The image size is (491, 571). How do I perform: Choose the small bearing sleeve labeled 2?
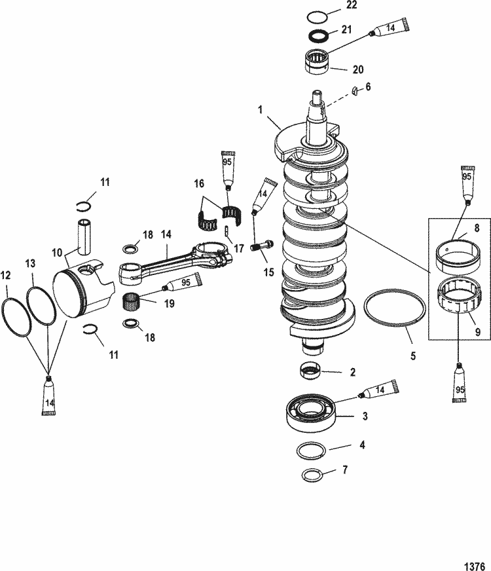coord(312,371)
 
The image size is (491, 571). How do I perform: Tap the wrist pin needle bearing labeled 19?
coord(134,303)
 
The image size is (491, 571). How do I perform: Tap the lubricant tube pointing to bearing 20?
coord(390,29)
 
